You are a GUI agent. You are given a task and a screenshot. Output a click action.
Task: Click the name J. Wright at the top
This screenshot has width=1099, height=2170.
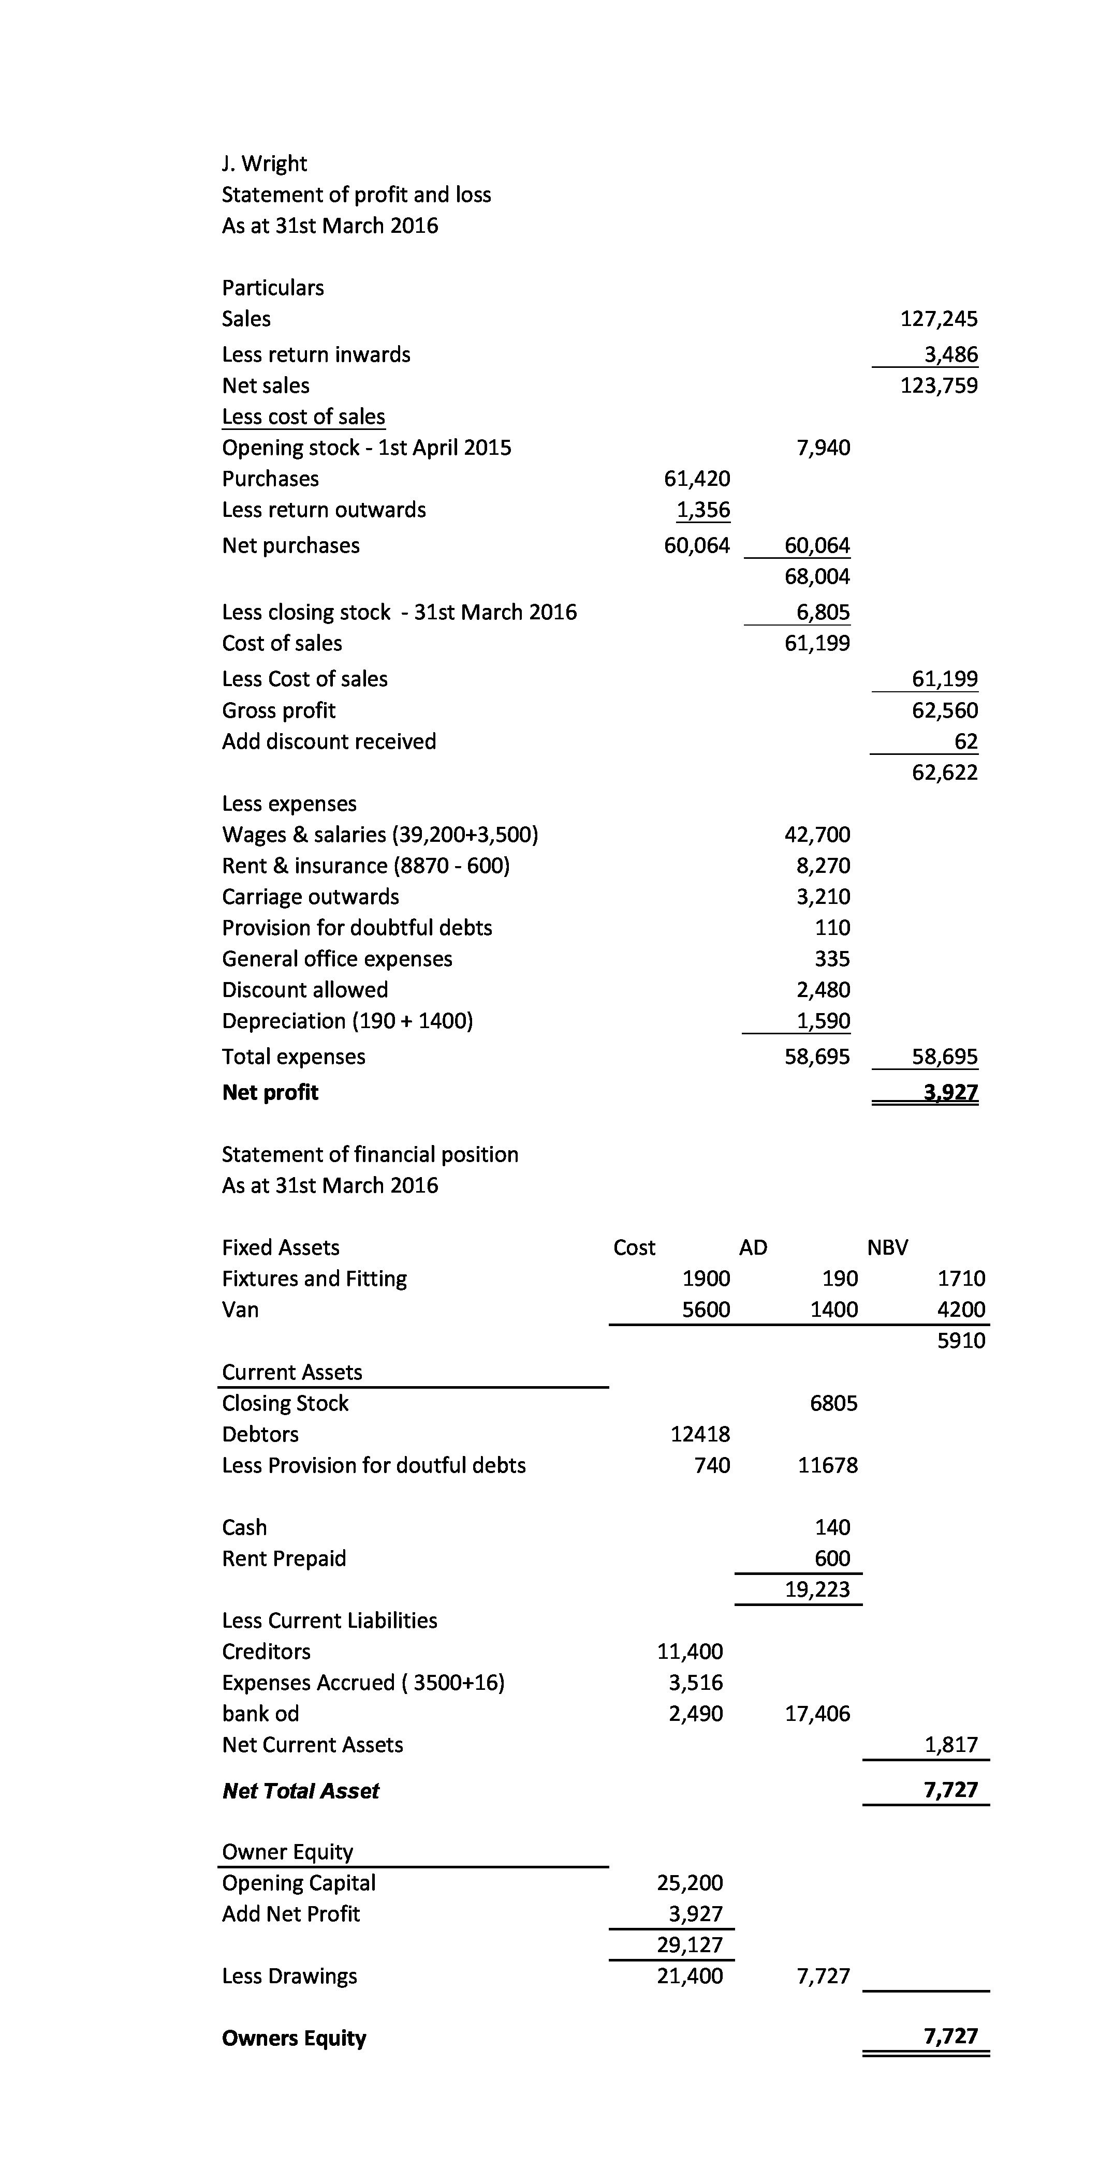(264, 164)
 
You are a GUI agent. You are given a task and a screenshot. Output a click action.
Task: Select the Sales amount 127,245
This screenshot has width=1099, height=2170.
(939, 319)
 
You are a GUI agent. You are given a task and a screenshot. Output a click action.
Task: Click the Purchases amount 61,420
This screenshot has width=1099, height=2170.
(697, 479)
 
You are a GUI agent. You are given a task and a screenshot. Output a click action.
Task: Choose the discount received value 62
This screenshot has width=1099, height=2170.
(966, 742)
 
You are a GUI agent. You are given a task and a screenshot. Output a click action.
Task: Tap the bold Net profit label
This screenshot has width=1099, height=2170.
(270, 1093)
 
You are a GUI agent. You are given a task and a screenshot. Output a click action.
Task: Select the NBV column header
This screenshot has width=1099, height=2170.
(887, 1247)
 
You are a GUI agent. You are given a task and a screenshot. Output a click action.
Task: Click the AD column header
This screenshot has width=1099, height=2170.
(753, 1247)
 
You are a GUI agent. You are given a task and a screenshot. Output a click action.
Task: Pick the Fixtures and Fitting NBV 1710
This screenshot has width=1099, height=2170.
(961, 1279)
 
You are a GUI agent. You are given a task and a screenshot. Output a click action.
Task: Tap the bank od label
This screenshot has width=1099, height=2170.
(260, 1714)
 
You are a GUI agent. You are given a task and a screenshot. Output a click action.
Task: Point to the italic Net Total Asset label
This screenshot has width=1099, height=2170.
(300, 1791)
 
